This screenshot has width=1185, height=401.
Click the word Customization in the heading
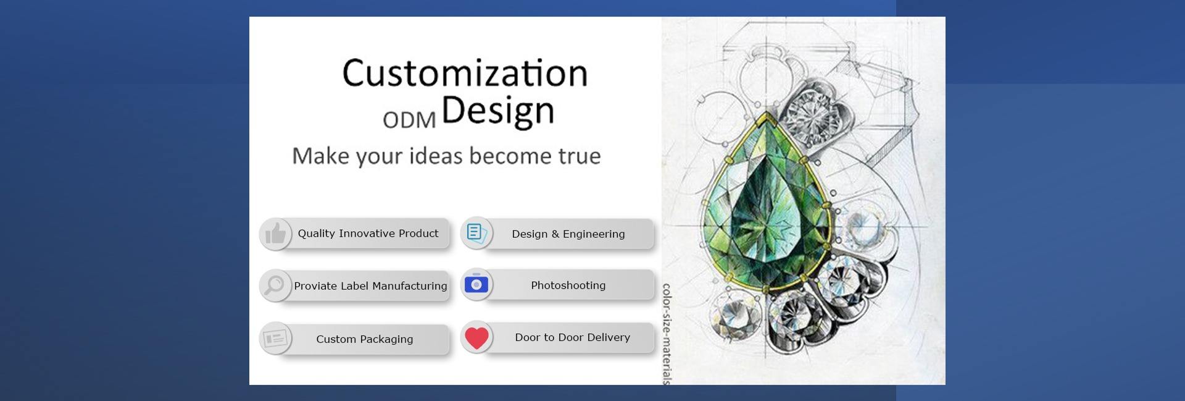[465, 73]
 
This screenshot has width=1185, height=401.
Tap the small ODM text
[409, 120]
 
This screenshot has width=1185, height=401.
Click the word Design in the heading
[498, 112]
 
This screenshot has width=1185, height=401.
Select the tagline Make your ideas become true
[446, 156]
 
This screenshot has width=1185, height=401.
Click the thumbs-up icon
[275, 234]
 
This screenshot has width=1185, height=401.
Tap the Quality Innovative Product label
[368, 234]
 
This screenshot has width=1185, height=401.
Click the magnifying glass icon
[275, 285]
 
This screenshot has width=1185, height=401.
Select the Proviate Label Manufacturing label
[370, 286]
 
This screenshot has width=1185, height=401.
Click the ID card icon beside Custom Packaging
[275, 339]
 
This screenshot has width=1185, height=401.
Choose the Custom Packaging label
[365, 339]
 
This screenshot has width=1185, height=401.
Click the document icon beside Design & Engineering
[476, 233]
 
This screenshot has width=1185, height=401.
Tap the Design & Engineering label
[568, 234]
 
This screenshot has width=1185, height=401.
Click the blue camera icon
[476, 284]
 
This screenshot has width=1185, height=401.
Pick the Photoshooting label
[568, 285]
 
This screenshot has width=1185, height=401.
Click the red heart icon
[476, 338]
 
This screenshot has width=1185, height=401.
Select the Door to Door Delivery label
[573, 337]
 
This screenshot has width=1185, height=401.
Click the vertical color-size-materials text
[667, 334]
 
